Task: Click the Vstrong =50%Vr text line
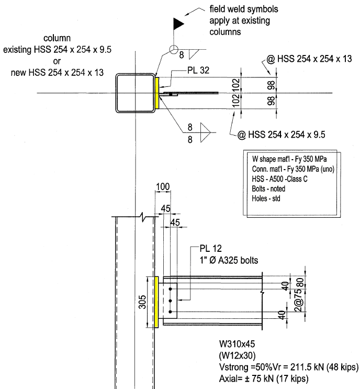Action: tap(287, 366)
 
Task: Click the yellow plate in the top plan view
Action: tap(157, 92)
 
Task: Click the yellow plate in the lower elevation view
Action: tap(157, 302)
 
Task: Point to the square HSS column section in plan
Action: tap(135, 92)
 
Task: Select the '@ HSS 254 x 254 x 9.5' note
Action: tap(282, 135)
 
